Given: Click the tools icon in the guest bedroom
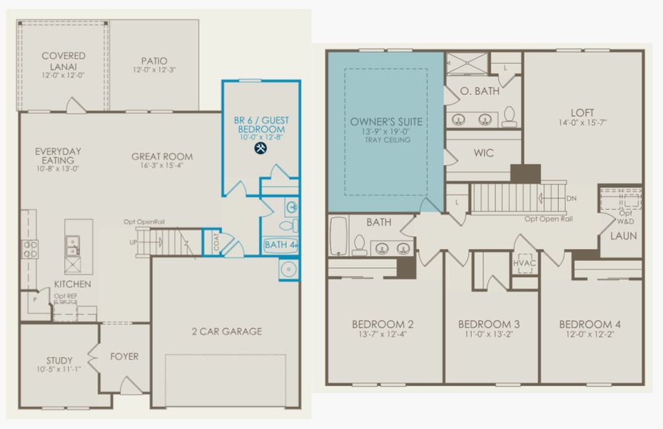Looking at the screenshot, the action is [261, 148].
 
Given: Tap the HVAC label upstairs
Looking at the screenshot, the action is [525, 263].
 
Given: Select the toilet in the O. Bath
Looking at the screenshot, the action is [510, 117].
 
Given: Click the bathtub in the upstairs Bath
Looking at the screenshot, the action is [338, 237].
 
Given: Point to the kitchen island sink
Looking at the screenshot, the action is [73, 247].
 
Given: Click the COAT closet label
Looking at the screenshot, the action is [216, 242].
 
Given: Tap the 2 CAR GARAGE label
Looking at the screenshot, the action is [227, 331].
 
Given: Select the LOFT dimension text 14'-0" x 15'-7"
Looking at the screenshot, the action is [582, 123].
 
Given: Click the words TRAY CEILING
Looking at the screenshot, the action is [388, 139].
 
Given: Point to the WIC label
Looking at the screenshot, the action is [484, 153].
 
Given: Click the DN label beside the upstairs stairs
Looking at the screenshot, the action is [571, 198].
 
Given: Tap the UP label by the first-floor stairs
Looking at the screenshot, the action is [133, 242].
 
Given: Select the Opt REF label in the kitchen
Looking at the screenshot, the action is [66, 297].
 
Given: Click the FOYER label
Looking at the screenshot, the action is [124, 357].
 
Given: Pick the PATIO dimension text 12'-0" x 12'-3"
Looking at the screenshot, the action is [154, 70].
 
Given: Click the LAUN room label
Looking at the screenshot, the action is [623, 236].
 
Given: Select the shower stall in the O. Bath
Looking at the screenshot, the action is [467, 64].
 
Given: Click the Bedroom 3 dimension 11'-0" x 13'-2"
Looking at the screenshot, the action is [489, 334].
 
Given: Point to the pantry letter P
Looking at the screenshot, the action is [35, 300].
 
